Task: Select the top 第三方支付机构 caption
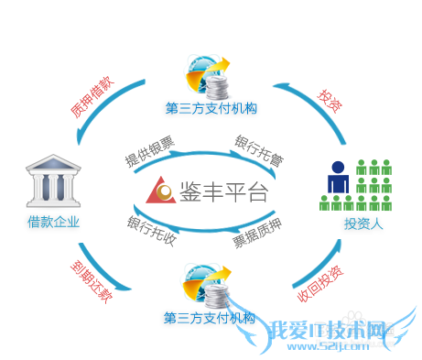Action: click(x=211, y=108)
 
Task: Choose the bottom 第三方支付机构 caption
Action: click(x=210, y=318)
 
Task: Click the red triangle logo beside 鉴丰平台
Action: click(x=161, y=191)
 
